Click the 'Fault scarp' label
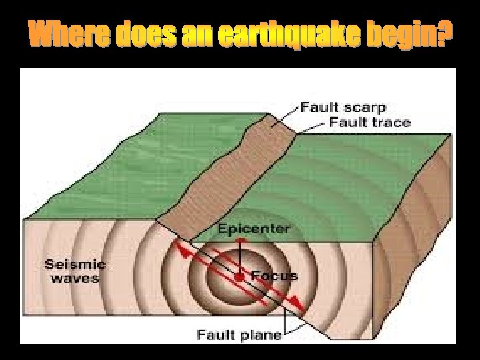(x=343, y=107)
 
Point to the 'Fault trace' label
(x=369, y=122)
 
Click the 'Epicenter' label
(x=254, y=229)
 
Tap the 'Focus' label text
(x=275, y=275)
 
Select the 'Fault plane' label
(x=239, y=334)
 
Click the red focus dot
(x=239, y=276)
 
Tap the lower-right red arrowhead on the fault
(x=300, y=307)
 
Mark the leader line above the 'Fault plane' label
(x=286, y=320)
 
